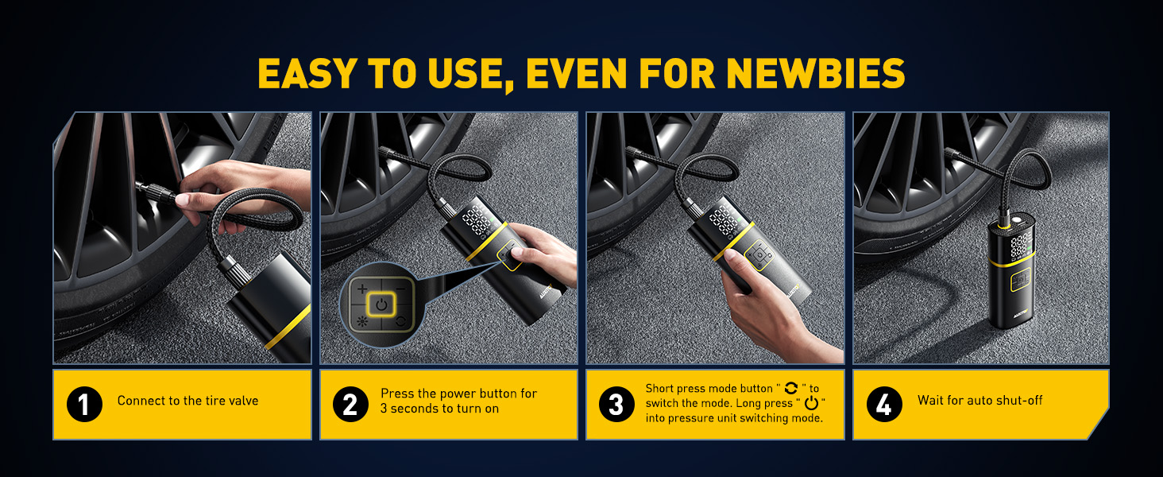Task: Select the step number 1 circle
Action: tap(84, 405)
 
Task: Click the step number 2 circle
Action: tap(350, 405)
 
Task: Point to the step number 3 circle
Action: tap(616, 405)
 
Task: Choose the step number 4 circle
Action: tap(883, 405)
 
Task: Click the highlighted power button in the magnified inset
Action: tap(382, 304)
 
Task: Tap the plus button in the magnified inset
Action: tap(362, 288)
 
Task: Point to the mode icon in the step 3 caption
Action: tap(790, 389)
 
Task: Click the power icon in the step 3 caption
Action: tap(811, 404)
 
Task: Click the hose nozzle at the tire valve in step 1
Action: tap(152, 191)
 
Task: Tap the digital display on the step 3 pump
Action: tap(724, 221)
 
